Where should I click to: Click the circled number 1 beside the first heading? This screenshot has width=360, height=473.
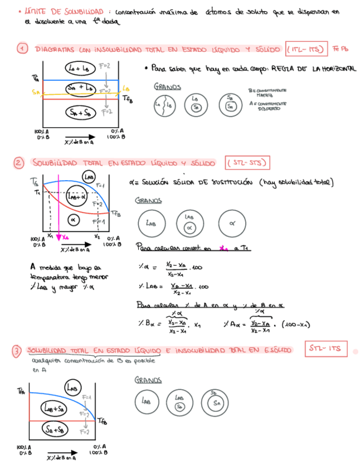[x=22, y=49]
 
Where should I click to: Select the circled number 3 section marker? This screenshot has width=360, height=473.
[x=18, y=350]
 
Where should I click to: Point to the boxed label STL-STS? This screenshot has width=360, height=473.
[x=247, y=163]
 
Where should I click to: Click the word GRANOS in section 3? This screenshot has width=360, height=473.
[x=148, y=380]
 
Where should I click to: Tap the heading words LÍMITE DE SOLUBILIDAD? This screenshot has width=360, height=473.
[x=64, y=11]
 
